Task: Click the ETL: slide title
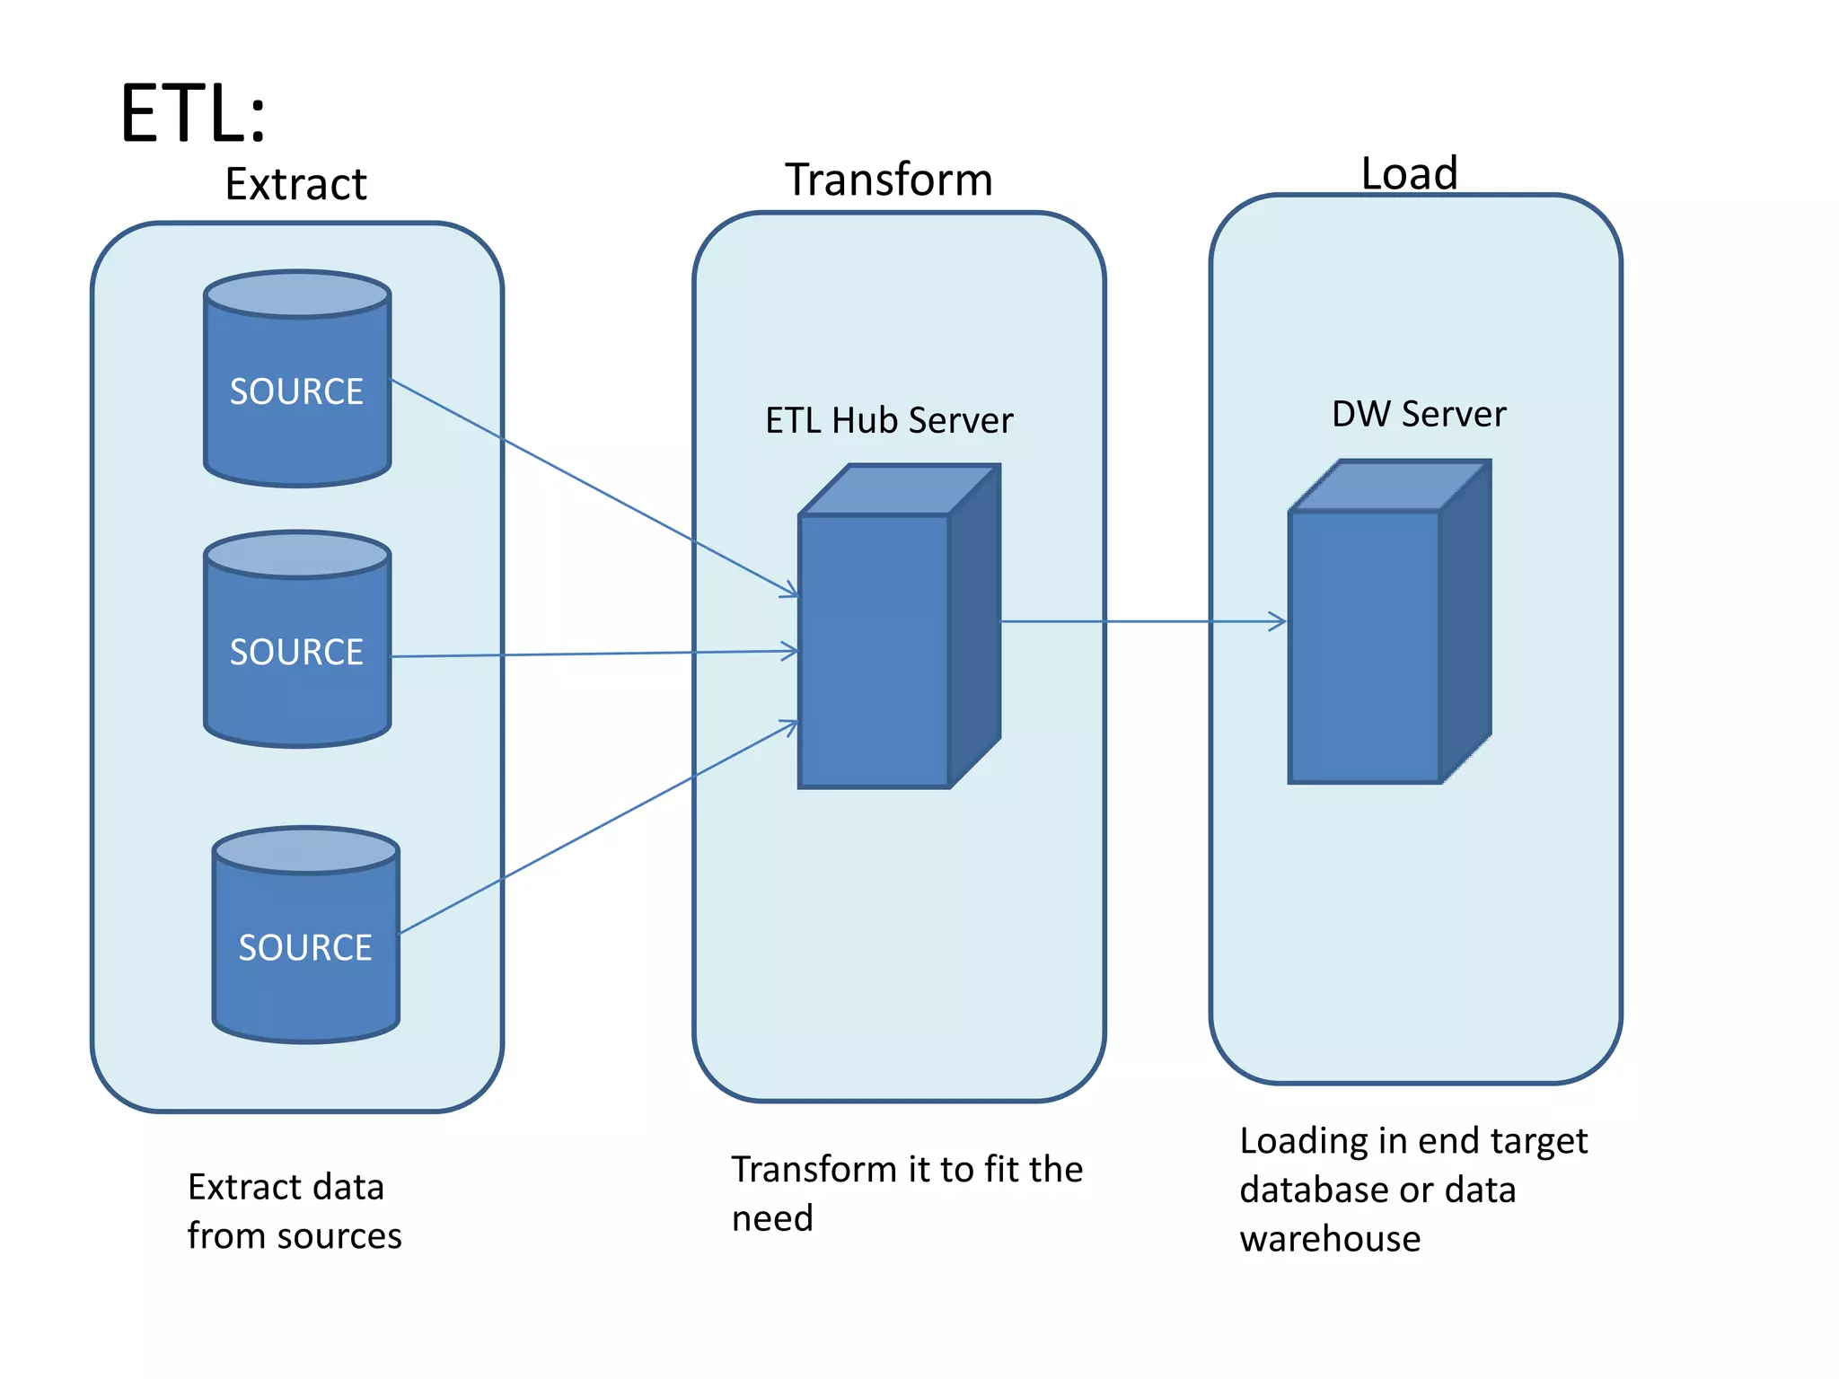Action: [193, 114]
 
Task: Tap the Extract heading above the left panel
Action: [295, 185]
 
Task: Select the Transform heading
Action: [889, 180]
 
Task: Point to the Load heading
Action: [1409, 172]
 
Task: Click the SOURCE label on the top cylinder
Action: [296, 391]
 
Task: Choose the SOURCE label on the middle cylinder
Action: [296, 652]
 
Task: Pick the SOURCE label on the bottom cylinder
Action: [305, 948]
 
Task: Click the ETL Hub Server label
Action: [889, 420]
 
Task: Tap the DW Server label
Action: [1419, 414]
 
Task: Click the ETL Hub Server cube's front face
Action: [874, 651]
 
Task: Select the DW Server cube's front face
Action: [1364, 646]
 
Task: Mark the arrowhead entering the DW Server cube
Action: [1278, 621]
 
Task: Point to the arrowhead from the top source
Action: [789, 590]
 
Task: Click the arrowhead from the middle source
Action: [789, 651]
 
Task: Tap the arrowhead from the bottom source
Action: [789, 726]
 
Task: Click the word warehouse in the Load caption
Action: [1330, 1239]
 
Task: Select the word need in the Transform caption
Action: [772, 1218]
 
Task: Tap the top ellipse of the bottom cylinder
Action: [306, 850]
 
